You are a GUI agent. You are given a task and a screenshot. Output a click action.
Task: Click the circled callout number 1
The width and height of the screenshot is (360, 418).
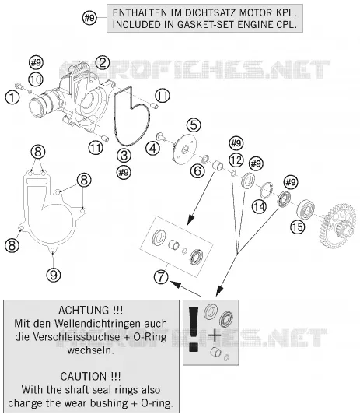coord(12,97)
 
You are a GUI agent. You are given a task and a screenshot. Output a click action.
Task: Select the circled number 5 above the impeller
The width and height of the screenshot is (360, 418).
coord(194,125)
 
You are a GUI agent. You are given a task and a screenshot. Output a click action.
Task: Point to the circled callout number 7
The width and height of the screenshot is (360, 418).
coord(161,276)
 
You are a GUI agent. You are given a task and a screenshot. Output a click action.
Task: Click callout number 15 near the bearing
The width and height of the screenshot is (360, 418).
coord(298,227)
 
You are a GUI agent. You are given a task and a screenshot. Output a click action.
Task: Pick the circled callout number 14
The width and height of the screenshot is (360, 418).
coord(259,207)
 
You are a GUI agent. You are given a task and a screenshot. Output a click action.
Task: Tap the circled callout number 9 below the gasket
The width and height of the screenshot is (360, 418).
coord(53,275)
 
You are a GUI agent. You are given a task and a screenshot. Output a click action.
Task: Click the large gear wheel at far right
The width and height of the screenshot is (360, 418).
coord(337,225)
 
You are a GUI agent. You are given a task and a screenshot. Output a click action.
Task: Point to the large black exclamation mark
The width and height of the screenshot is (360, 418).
coord(194,329)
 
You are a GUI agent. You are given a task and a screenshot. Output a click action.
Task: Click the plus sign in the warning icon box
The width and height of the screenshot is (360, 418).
coord(215,335)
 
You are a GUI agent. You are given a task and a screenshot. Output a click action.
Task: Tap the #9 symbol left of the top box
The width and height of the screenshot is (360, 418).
coord(89,18)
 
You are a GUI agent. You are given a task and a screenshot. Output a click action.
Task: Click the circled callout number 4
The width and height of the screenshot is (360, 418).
coord(153,148)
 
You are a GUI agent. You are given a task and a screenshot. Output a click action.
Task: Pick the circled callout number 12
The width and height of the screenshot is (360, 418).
coord(236,160)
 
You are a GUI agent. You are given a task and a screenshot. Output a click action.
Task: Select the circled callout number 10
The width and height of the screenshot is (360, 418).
coord(36,79)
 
